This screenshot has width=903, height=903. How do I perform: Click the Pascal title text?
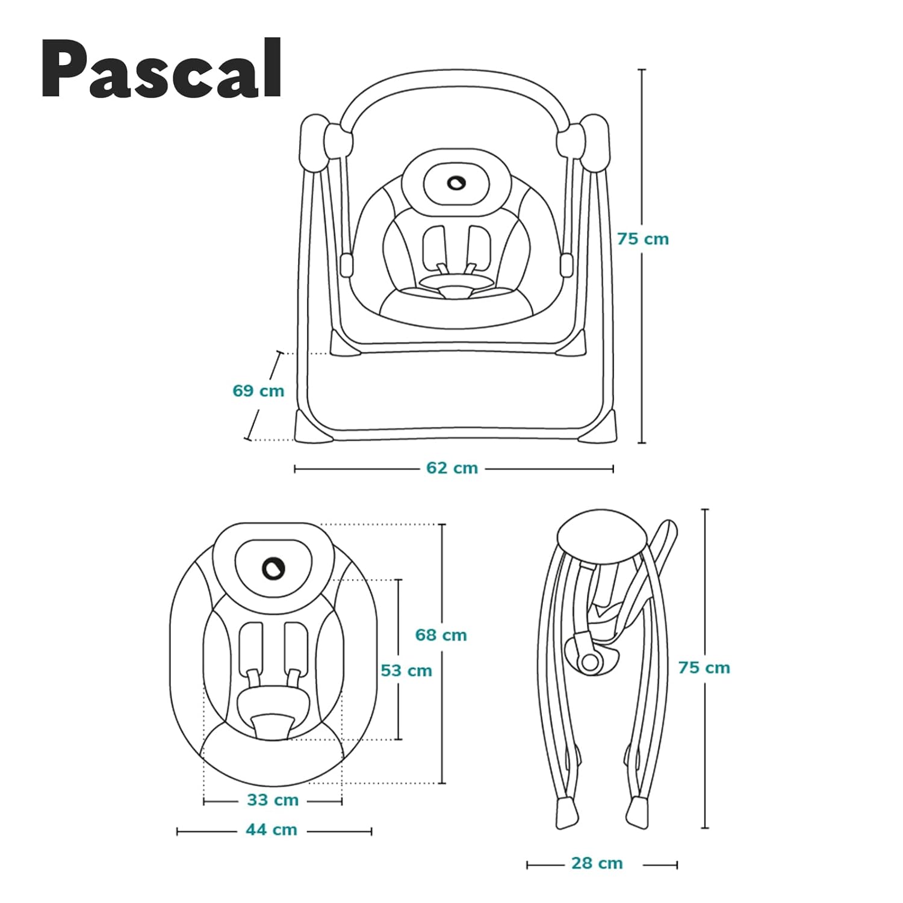[161, 69]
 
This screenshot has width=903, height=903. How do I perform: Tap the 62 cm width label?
[452, 468]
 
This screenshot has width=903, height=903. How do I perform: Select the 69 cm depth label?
[258, 391]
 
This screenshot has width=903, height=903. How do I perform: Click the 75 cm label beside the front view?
[643, 239]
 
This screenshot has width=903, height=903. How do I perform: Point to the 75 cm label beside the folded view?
[704, 668]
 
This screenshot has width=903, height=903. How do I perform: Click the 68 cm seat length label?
[441, 635]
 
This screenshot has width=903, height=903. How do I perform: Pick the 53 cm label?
[406, 670]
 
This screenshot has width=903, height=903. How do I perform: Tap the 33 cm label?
[273, 800]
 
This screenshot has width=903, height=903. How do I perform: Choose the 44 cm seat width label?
[272, 830]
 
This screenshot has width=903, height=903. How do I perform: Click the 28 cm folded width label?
[597, 863]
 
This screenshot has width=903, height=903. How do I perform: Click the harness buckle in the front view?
[455, 291]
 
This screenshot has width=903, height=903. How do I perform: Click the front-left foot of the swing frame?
[306, 426]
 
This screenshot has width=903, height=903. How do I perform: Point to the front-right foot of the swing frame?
[604, 426]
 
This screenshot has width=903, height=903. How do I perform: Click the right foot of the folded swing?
[638, 813]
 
